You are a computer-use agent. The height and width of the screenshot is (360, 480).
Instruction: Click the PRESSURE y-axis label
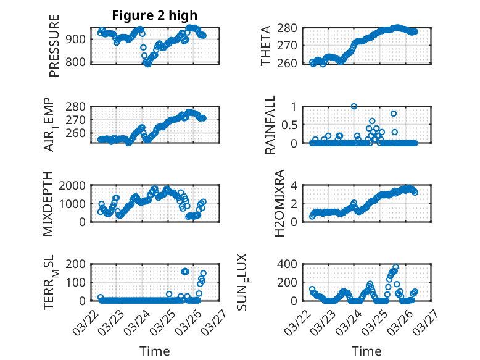click(54, 50)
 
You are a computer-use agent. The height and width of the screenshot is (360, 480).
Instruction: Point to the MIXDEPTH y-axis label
click(48, 204)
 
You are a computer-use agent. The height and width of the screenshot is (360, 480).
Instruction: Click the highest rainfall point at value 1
click(354, 106)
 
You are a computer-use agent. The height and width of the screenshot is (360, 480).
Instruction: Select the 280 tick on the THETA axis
click(291, 28)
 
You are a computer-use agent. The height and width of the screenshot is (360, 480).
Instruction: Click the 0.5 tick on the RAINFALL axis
click(289, 125)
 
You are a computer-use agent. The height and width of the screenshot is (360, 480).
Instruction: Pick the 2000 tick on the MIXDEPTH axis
click(76, 185)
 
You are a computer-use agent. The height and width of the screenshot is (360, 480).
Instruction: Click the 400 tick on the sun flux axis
click(291, 264)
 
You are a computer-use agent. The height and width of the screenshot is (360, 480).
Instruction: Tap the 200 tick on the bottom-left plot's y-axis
click(78, 264)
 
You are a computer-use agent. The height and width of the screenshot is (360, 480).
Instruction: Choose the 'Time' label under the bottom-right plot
click(366, 351)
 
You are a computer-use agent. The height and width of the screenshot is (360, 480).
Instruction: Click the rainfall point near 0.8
click(394, 114)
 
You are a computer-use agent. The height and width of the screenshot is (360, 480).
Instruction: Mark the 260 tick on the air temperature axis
click(78, 133)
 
